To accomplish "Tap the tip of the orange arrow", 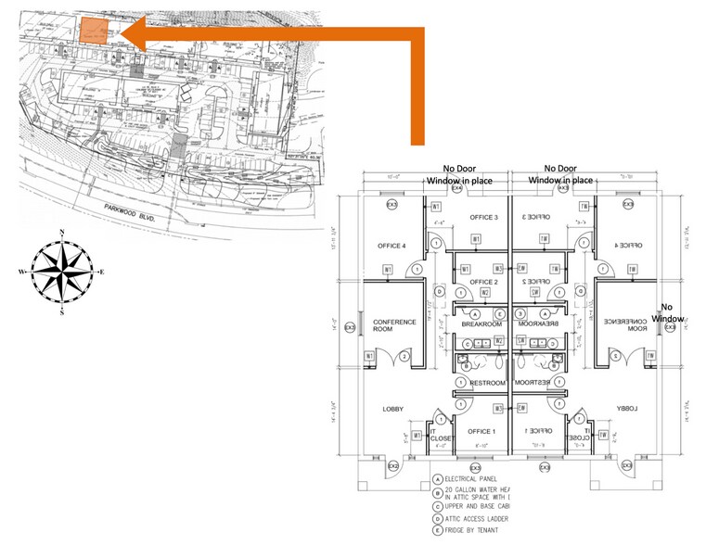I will point(125,36).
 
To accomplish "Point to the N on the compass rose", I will point(61,232).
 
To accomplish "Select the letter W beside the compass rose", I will point(20,272).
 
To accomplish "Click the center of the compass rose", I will point(61,272).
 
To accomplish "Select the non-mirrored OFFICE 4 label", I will point(392,246).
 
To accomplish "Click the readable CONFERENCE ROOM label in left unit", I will point(394,326).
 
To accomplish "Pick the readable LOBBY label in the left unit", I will point(394,409).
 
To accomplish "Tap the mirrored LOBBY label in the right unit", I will point(627,409).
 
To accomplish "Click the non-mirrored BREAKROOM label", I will point(481,324).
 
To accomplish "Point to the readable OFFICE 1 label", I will point(482,432).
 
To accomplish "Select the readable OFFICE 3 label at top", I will point(483,218).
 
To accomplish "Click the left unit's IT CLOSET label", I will point(439,435).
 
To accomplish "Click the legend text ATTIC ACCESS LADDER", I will point(478,520).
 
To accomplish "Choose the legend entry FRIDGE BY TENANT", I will point(477,533).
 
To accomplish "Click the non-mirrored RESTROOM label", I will point(487,383).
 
